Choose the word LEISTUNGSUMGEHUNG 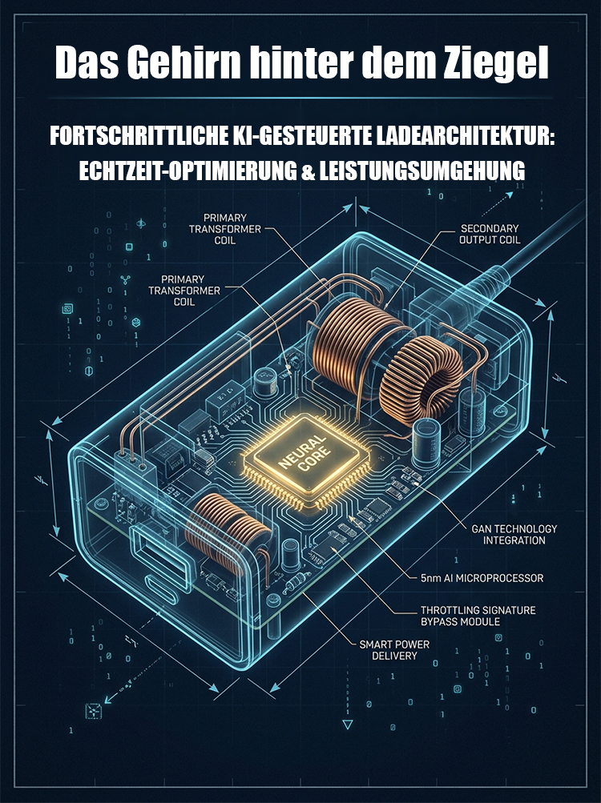click(422, 171)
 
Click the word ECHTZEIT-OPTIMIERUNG click(188, 171)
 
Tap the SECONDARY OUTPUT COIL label click(489, 234)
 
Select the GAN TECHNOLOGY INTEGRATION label click(514, 534)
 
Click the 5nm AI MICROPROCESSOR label click(482, 578)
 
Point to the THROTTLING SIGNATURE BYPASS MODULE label click(478, 616)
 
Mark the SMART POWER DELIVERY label click(393, 650)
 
